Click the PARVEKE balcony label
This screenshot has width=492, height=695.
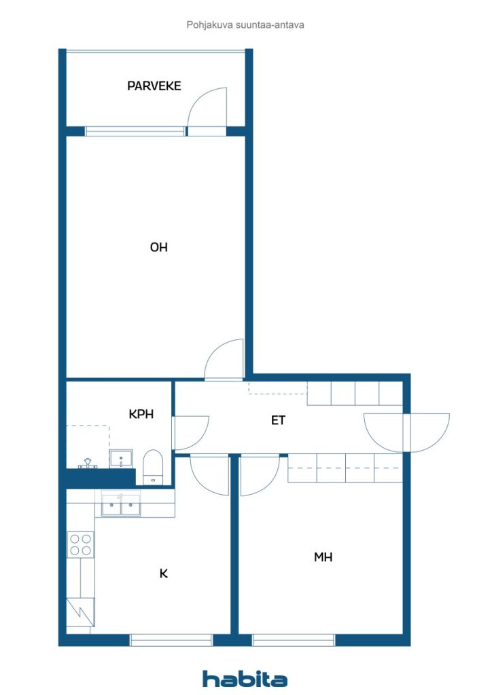(x=154, y=86)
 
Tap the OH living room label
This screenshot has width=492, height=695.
(x=159, y=247)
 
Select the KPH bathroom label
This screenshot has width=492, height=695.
(x=141, y=414)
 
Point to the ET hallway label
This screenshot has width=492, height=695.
(x=278, y=420)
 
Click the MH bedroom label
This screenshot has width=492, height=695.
(x=323, y=557)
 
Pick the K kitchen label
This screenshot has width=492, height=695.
(x=164, y=574)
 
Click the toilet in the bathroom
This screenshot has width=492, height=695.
(x=153, y=467)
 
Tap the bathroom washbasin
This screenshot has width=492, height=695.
(x=121, y=459)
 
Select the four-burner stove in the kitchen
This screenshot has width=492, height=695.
(x=80, y=545)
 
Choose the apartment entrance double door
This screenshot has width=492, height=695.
(x=407, y=432)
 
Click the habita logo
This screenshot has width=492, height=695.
(x=245, y=679)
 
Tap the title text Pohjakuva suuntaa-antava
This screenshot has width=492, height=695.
(x=245, y=25)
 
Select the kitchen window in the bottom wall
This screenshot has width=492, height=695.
(x=171, y=639)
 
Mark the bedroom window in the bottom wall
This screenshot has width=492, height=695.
(x=294, y=639)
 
